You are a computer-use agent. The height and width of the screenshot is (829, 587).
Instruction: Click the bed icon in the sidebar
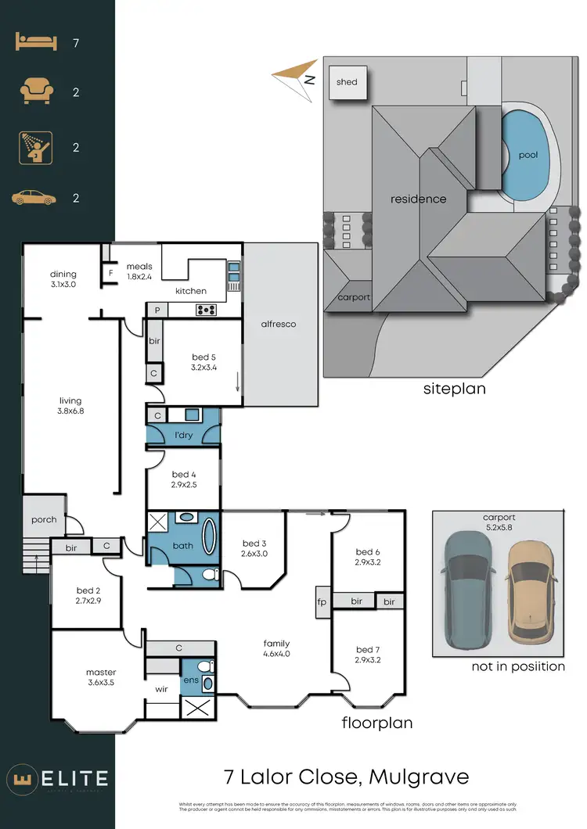point(34,42)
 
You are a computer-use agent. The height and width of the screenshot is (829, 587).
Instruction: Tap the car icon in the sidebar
point(34,198)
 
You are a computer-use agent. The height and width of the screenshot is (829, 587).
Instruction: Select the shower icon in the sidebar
point(34,147)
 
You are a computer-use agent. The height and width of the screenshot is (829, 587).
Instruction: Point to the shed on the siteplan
point(347,82)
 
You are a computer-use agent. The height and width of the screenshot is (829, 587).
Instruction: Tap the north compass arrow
point(295,77)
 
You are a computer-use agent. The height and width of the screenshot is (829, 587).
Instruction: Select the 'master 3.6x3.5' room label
point(101,677)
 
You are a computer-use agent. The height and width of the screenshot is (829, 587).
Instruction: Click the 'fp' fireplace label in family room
point(321,602)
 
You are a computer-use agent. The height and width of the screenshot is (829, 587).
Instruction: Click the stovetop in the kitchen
point(206,310)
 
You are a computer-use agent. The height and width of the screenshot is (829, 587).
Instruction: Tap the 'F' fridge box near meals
point(110,274)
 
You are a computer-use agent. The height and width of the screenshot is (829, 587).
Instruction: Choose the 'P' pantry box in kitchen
point(157,310)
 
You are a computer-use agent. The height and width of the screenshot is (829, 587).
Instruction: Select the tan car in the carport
point(531,591)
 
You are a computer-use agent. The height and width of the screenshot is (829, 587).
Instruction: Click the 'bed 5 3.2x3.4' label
point(203,362)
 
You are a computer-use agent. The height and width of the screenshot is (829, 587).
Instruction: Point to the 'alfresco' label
point(279,324)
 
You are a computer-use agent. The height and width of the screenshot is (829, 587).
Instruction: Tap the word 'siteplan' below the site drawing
point(454,388)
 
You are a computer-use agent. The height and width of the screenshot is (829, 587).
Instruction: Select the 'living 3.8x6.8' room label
point(70,406)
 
